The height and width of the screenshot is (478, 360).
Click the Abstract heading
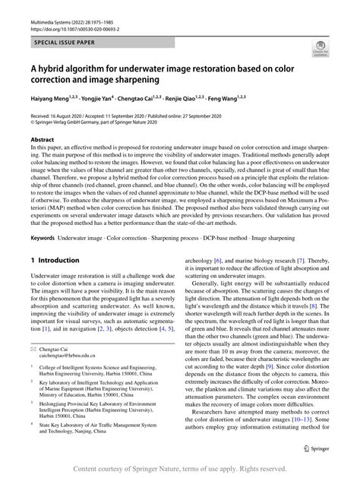42,141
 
